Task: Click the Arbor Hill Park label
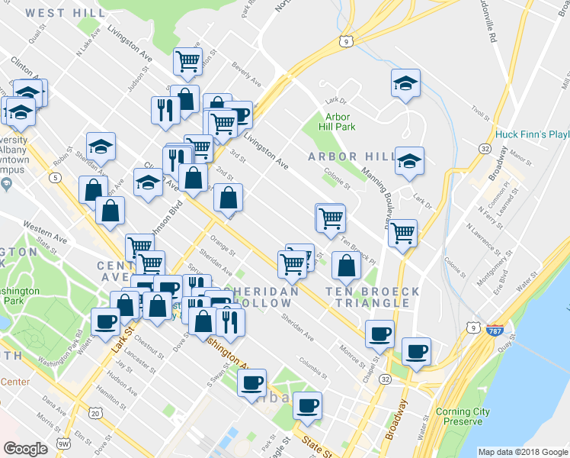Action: (x=337, y=121)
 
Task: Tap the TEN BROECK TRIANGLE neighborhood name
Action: (x=373, y=297)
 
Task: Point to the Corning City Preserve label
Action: (x=463, y=417)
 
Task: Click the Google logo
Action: (x=26, y=449)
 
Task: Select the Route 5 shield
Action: (x=56, y=178)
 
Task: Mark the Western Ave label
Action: (x=45, y=227)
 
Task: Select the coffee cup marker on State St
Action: (x=307, y=405)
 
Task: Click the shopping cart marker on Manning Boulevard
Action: (x=402, y=234)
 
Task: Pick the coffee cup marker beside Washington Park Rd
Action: (x=106, y=321)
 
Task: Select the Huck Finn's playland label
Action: (x=533, y=134)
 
